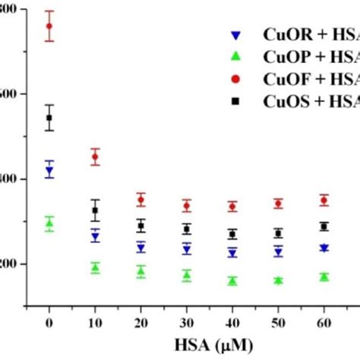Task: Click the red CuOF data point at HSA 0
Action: point(49,26)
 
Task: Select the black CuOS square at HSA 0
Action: point(49,118)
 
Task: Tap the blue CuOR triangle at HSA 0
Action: point(49,172)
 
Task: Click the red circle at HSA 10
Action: point(95,157)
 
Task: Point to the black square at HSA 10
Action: point(95,210)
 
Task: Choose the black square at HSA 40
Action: point(232,234)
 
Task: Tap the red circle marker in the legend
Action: point(238,78)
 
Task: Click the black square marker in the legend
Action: point(238,99)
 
